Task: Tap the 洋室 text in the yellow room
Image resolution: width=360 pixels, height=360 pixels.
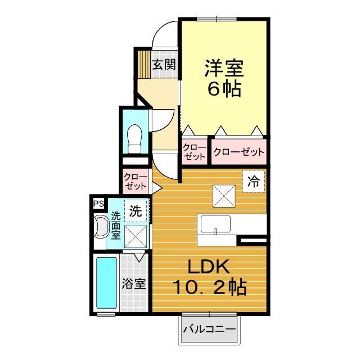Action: pyautogui.click(x=223, y=69)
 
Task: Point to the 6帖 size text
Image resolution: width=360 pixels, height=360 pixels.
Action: pyautogui.click(x=223, y=89)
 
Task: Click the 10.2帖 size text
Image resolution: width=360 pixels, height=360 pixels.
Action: pyautogui.click(x=209, y=288)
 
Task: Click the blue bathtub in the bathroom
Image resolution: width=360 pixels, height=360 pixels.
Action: pyautogui.click(x=106, y=283)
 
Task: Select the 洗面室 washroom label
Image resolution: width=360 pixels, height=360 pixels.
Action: pyautogui.click(x=115, y=225)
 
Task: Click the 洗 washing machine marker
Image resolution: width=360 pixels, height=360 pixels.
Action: pyautogui.click(x=136, y=211)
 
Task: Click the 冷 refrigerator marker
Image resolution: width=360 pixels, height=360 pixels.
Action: pyautogui.click(x=254, y=181)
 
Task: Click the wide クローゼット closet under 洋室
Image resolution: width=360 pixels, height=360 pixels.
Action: pyautogui.click(x=238, y=151)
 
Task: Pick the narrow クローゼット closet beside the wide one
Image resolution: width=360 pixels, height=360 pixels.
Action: pyautogui.click(x=194, y=151)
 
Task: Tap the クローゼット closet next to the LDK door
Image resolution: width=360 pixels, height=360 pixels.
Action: pyautogui.click(x=136, y=181)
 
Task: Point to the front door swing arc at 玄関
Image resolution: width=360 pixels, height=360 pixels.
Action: pyautogui.click(x=164, y=34)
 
